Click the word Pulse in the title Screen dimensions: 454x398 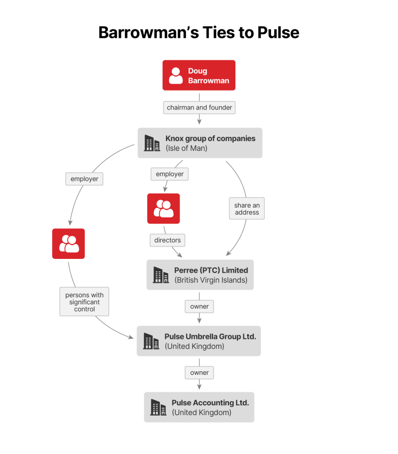tap(278, 32)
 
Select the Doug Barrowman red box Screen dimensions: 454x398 tap(199, 75)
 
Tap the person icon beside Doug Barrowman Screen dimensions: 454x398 tap(176, 76)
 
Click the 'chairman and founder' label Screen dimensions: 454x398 tap(199, 108)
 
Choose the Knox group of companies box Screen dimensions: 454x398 tap(200, 143)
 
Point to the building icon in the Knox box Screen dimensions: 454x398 tap(152, 143)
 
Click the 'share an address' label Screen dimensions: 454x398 tap(247, 209)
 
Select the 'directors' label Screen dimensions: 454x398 tap(168, 240)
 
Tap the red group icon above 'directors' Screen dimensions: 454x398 tap(164, 209)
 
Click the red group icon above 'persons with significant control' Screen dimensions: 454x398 tap(69, 243)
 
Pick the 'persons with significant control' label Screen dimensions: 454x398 tap(85, 302)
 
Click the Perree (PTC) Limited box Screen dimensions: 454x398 tap(200, 275)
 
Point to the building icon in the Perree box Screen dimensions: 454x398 tap(161, 275)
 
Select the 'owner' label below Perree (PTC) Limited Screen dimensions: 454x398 tap(199, 307)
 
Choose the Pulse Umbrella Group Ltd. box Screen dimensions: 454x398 tap(199, 341)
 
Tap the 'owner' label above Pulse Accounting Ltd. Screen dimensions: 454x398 tap(199, 372)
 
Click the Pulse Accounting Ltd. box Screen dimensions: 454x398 tap(199, 407)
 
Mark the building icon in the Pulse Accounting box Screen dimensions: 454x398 tap(158, 408)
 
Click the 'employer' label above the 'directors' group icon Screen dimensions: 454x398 tap(170, 174)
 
